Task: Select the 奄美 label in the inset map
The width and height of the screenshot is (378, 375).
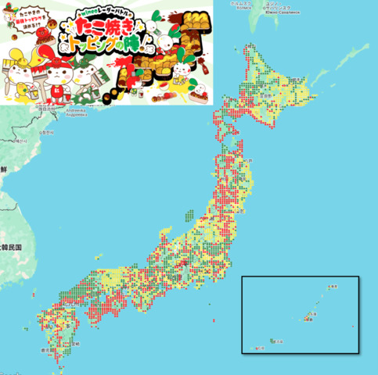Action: [x=332, y=287]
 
